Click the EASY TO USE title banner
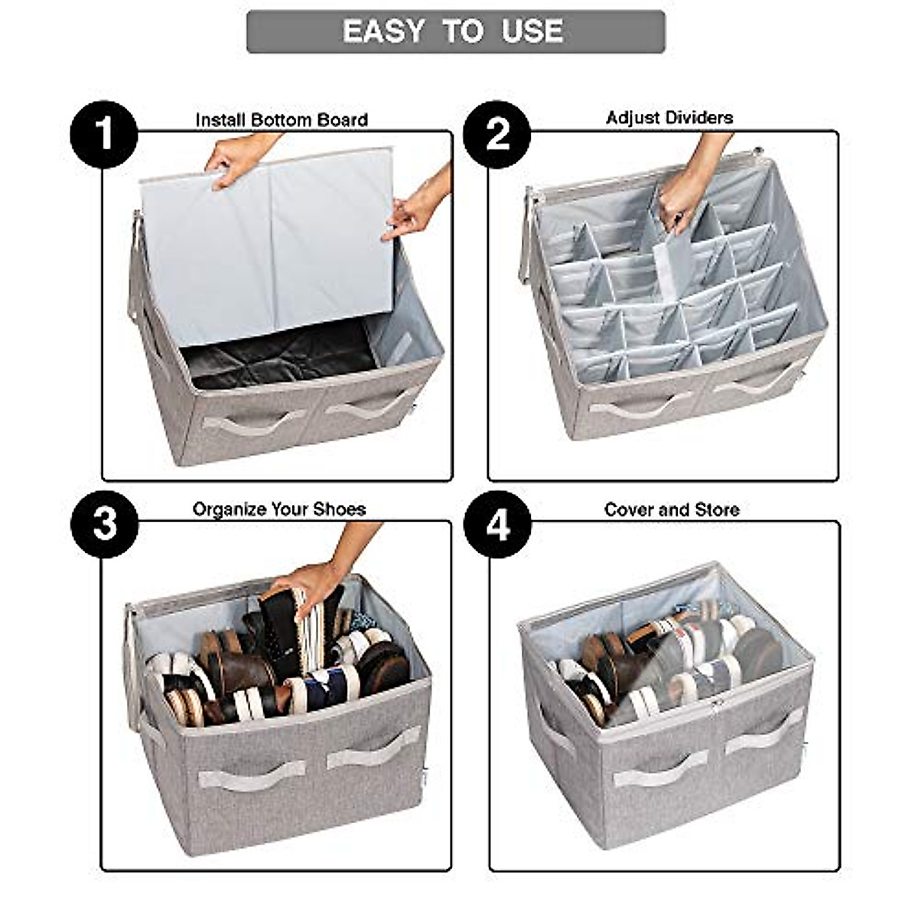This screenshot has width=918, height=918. tap(456, 31)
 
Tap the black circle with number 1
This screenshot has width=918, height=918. tap(103, 135)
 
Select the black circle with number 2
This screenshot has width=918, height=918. tap(497, 135)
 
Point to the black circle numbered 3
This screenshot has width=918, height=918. tap(104, 525)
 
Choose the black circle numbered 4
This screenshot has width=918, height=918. tap(497, 525)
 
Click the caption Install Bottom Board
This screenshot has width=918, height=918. tap(282, 120)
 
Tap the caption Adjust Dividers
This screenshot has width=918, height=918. tap(669, 118)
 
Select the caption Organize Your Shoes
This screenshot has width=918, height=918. tap(279, 509)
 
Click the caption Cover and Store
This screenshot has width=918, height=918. tap(672, 509)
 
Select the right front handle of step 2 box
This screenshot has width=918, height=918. tap(757, 382)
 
